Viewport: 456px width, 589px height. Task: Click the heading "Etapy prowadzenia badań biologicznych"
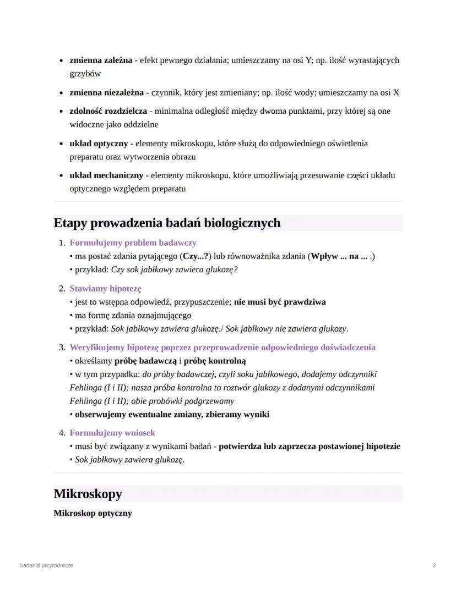point(167,223)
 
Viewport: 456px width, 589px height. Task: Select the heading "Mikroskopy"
point(88,493)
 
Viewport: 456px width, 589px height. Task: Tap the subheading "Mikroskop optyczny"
point(93,513)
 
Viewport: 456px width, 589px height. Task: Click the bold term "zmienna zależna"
point(101,60)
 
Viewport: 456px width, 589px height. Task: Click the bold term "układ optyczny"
point(98,144)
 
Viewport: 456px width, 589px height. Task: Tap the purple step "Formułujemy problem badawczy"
point(133,243)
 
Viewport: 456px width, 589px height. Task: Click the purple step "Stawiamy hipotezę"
point(105,288)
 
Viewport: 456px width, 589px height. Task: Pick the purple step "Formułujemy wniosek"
point(112,433)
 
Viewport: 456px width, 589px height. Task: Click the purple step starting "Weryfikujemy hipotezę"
point(222,348)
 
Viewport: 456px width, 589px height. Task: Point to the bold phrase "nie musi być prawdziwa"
point(280,302)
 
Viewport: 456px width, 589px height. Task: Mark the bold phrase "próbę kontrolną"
point(215,361)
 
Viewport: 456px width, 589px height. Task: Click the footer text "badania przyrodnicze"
point(46,565)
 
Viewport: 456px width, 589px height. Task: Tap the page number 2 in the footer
point(435,565)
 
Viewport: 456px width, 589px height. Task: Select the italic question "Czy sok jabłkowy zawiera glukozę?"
point(175,269)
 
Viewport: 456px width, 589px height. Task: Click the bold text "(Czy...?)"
point(196,256)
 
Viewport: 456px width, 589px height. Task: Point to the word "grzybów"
point(85,74)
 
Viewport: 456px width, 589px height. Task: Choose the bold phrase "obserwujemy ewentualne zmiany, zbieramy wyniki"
point(172,414)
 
